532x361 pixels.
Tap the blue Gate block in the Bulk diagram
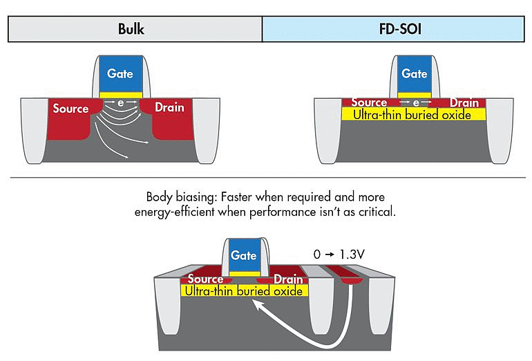(120, 73)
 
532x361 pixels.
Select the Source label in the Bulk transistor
(71, 109)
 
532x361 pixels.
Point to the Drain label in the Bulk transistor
(169, 109)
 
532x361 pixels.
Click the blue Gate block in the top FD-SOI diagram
(415, 73)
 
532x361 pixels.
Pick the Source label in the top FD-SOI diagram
(369, 102)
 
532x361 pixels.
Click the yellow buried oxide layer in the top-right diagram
(413, 114)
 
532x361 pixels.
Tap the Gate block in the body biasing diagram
(243, 255)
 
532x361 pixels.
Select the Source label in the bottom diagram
(206, 280)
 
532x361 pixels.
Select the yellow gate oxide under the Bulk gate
(121, 94)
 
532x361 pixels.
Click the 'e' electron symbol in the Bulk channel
(121, 102)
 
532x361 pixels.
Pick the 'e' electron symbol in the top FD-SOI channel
(416, 102)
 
